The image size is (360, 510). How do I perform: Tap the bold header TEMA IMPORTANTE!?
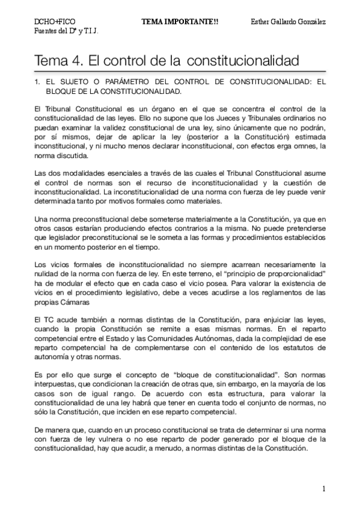pyautogui.click(x=171, y=21)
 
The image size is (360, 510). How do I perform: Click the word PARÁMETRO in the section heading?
pyautogui.click(x=111, y=83)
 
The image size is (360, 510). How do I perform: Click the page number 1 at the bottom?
pyautogui.click(x=324, y=488)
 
